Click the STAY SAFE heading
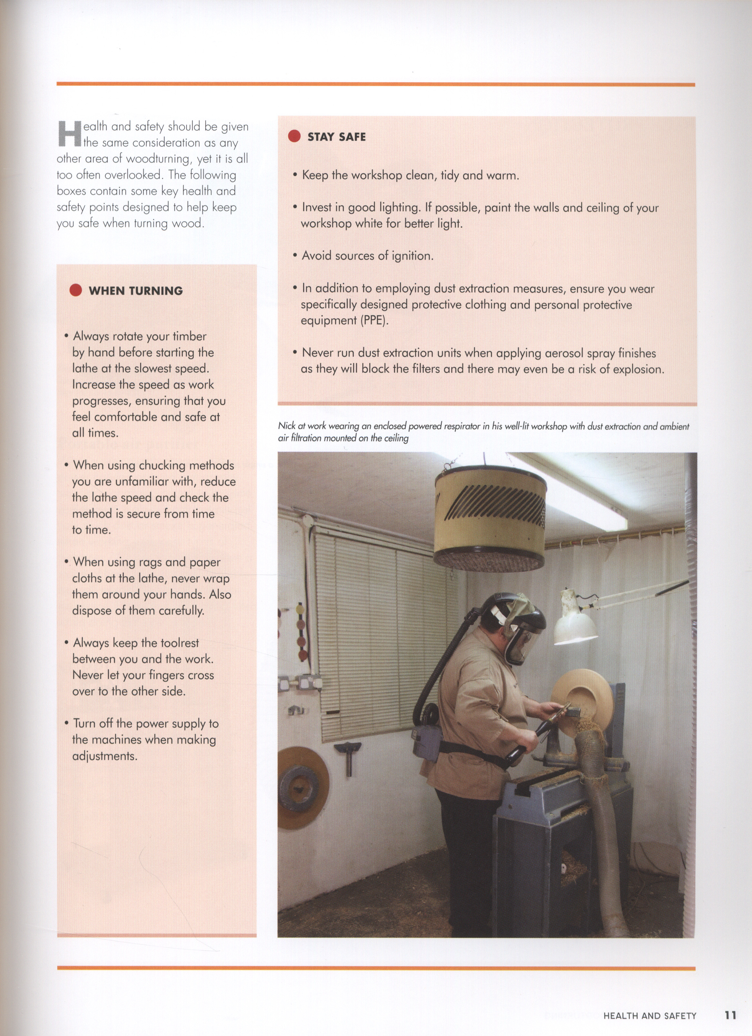coord(336,137)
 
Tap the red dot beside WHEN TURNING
coord(75,290)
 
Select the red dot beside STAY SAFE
coord(294,136)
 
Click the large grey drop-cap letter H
coord(69,134)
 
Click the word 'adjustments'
coord(105,756)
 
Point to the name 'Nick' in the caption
coord(286,426)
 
